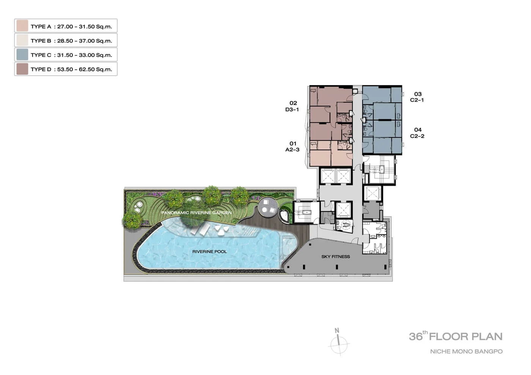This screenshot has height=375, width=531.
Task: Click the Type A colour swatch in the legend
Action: click(22, 26)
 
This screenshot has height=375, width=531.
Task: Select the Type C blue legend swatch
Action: click(22, 55)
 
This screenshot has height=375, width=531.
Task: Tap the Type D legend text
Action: click(71, 69)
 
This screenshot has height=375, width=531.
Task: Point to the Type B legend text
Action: click(71, 41)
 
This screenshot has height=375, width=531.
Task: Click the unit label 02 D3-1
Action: click(292, 106)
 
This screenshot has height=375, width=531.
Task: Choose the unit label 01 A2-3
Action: click(292, 147)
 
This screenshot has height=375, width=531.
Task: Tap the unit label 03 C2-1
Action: click(417, 97)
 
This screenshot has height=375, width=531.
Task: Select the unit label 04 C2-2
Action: click(418, 133)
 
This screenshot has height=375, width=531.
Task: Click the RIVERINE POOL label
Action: click(209, 252)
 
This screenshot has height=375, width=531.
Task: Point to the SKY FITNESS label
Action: click(336, 257)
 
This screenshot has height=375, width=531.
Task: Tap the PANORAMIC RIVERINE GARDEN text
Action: click(196, 213)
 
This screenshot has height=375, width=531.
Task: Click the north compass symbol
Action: click(339, 342)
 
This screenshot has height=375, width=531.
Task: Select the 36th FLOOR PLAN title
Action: click(456, 336)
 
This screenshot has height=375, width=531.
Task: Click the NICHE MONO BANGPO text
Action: click(467, 352)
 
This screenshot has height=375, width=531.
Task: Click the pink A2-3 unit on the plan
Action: click(331, 153)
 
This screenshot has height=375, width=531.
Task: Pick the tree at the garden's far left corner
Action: click(132, 220)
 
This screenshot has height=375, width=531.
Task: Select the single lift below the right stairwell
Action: click(372, 194)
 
